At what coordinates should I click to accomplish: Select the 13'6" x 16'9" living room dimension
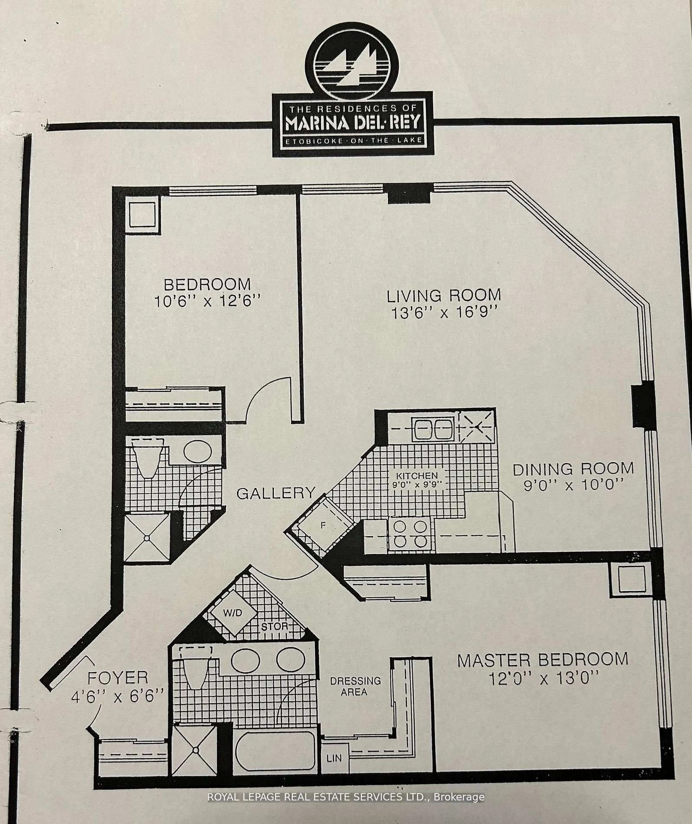coord(444,313)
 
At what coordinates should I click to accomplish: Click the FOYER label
coord(117,678)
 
